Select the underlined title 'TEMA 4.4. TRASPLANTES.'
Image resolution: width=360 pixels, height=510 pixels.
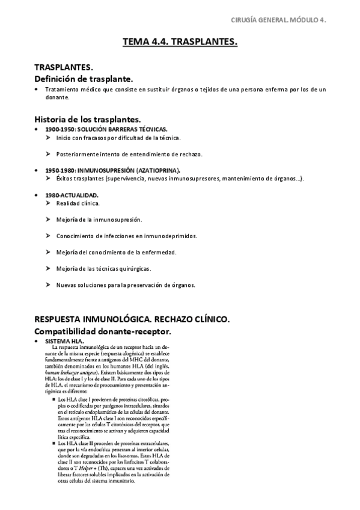tap(180, 42)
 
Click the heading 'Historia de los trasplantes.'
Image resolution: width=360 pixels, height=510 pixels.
tap(88, 119)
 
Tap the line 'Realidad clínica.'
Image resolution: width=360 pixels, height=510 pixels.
tap(78, 203)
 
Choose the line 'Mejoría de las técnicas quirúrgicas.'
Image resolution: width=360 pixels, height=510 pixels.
tap(103, 268)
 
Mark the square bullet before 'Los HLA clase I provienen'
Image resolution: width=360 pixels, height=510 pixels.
tap(54, 399)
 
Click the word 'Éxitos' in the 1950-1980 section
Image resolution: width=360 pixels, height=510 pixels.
tap(65, 179)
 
